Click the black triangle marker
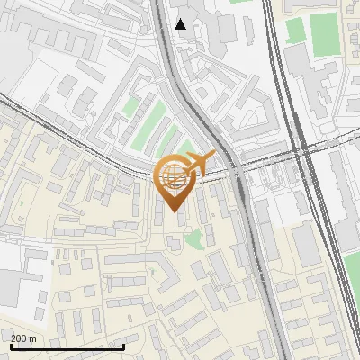pos(181,23)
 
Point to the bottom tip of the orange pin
pos(174,212)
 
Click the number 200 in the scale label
pos(19,338)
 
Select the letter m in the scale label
pos(33,338)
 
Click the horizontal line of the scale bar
pos(67,346)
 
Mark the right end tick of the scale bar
pos(124,345)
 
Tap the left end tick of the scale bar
pos(11,345)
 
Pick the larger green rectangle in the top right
pos(324,33)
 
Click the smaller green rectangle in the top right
pos(295,30)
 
